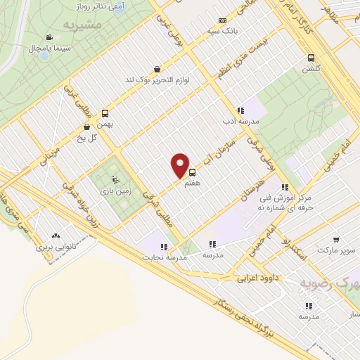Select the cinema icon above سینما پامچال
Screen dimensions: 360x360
pos(49,38)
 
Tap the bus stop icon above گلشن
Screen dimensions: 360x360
pos(311,58)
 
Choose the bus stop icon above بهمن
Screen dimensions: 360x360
pos(105,112)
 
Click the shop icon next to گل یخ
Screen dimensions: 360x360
pos(86,127)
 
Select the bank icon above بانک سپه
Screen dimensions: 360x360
pos(222,20)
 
